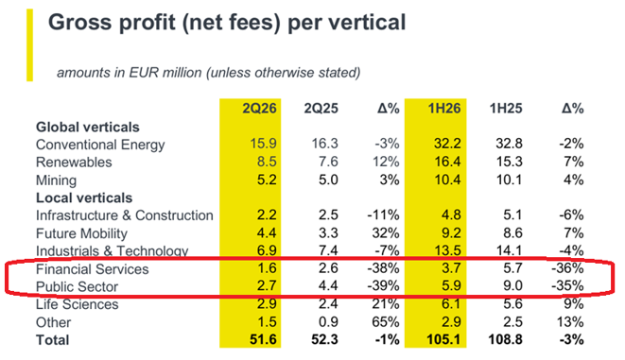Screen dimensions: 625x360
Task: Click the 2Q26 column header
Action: click(x=259, y=109)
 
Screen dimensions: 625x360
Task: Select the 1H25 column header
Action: click(x=506, y=109)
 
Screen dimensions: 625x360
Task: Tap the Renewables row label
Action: click(x=74, y=163)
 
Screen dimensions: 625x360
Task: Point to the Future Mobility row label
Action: click(x=81, y=233)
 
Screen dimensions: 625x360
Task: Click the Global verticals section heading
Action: click(x=88, y=127)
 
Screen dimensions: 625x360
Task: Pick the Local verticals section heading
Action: click(x=84, y=197)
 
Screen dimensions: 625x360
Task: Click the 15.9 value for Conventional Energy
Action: click(x=263, y=144)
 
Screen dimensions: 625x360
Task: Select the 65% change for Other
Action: click(x=386, y=322)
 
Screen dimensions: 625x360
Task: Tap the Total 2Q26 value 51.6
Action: click(x=263, y=340)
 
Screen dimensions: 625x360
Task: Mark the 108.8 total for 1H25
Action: click(x=506, y=340)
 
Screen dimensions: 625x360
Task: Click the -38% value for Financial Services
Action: click(x=383, y=268)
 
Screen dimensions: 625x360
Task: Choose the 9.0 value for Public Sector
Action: click(x=512, y=286)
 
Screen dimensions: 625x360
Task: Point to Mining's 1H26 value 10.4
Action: click(x=447, y=180)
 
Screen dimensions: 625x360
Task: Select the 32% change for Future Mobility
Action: click(x=386, y=233)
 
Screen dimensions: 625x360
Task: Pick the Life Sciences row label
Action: click(x=77, y=304)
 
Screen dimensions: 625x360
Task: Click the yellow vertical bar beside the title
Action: click(x=29, y=45)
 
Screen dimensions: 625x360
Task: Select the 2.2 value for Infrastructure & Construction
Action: click(x=267, y=215)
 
